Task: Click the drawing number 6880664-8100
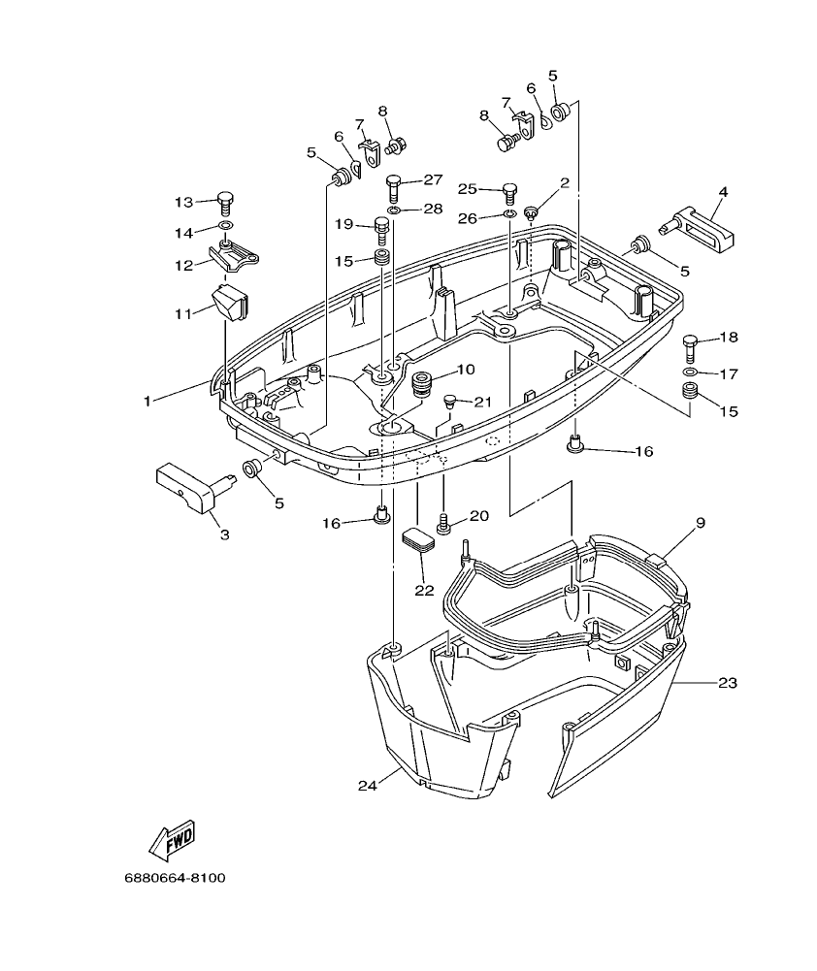click(175, 878)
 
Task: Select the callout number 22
click(423, 590)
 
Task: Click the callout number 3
click(224, 534)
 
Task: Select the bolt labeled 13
click(226, 201)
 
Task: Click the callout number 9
click(700, 523)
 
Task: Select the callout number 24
click(366, 785)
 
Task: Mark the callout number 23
click(728, 682)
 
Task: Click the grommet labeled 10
click(421, 382)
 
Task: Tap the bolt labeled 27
click(393, 182)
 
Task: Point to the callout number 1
click(147, 399)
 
